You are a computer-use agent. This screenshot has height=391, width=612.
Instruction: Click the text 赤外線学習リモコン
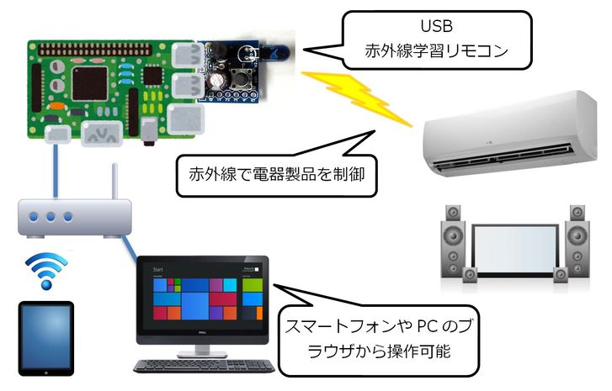click(x=437, y=51)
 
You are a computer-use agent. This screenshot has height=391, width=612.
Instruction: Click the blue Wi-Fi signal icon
click(x=45, y=270)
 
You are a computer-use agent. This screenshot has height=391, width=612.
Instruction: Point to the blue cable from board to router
click(x=54, y=172)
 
